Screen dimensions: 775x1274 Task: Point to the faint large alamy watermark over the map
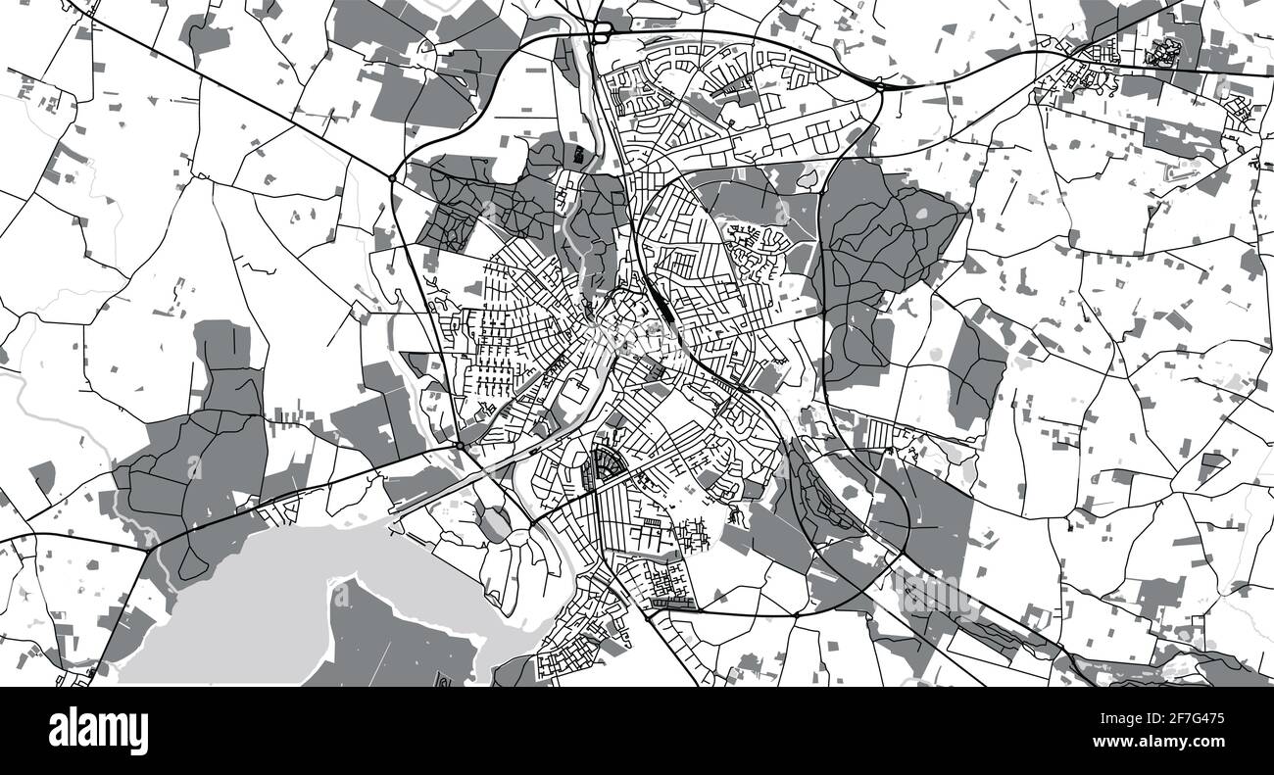point(637,343)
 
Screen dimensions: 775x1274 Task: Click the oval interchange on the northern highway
point(601,33)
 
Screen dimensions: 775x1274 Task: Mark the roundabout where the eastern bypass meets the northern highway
point(879,87)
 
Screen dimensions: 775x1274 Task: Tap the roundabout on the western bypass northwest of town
point(392,178)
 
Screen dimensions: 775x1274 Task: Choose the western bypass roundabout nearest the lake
point(459,447)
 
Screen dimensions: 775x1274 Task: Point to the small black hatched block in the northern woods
point(579,153)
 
